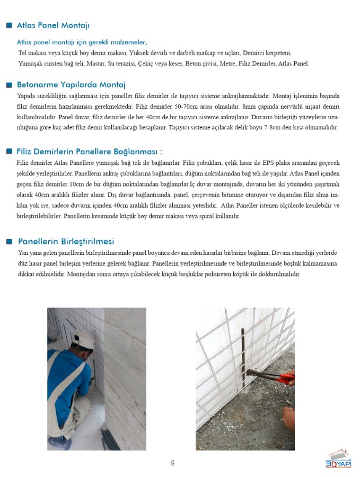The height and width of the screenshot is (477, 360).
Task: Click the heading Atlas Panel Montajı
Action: click(53, 25)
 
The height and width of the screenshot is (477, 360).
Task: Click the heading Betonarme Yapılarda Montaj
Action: click(71, 84)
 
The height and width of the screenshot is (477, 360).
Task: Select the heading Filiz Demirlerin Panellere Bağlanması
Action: click(90, 152)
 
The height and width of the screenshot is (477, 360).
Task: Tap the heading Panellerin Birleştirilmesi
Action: click(66, 241)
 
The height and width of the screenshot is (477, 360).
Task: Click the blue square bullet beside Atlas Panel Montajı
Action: click(9, 25)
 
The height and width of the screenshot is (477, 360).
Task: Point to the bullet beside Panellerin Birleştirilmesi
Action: click(9, 242)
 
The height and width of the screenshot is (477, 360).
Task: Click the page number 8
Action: click(173, 463)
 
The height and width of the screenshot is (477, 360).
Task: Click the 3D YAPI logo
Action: click(338, 459)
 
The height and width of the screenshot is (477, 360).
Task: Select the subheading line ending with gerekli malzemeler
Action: click(82, 42)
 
